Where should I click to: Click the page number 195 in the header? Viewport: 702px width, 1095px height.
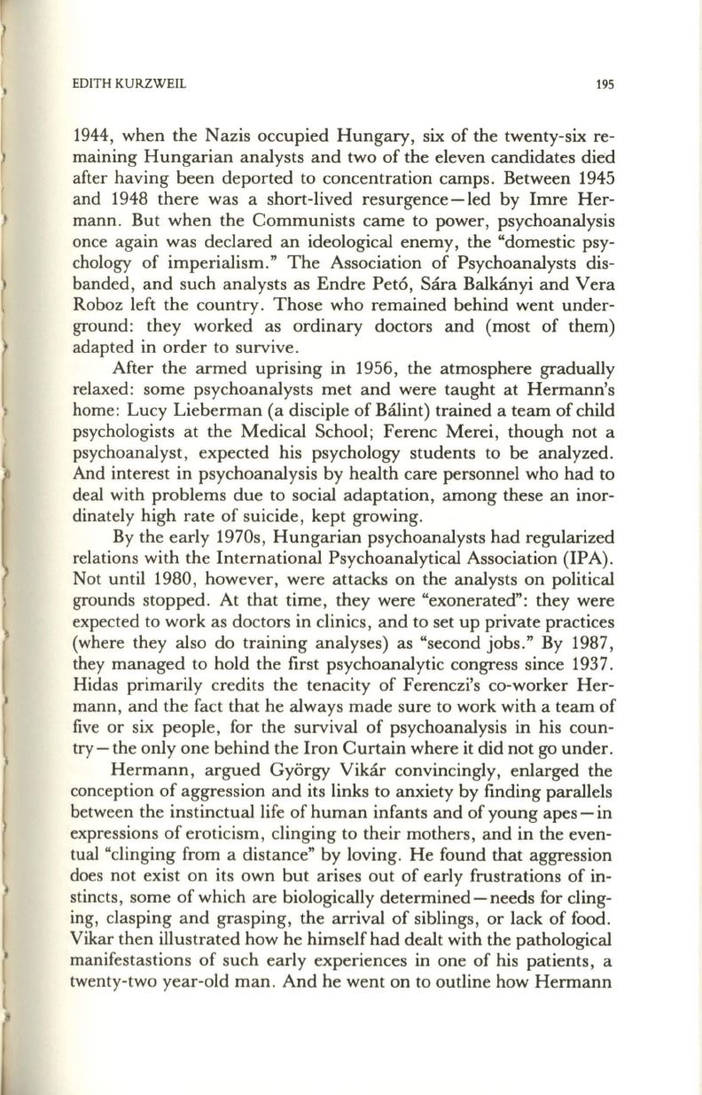605,85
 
